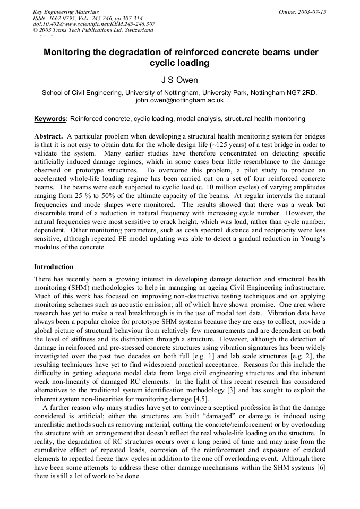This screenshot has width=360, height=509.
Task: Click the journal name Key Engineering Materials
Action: (66, 12)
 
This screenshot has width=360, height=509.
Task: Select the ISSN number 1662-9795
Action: (63, 18)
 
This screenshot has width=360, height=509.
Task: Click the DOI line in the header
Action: (94, 24)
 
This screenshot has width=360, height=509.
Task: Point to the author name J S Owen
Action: (179, 80)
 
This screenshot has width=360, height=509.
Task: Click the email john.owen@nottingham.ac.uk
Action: (179, 100)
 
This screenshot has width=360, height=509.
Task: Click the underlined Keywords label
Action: (51, 119)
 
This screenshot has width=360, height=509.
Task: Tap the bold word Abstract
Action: (48, 136)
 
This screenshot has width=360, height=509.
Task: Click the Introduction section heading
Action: (54, 266)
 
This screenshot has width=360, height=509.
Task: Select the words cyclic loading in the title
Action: (179, 63)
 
